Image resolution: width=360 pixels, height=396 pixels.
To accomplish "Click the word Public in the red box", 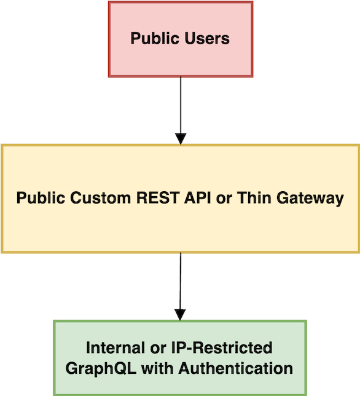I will coord(152,39).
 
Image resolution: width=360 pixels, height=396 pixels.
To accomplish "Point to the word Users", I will coord(207,39).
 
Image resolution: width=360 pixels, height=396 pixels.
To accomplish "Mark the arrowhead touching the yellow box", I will coord(180,138).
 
